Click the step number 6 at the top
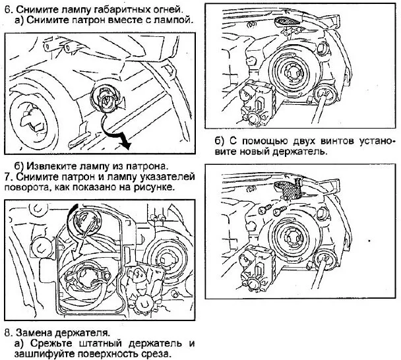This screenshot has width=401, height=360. [x=8, y=9]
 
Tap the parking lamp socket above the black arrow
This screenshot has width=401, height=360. [x=106, y=100]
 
